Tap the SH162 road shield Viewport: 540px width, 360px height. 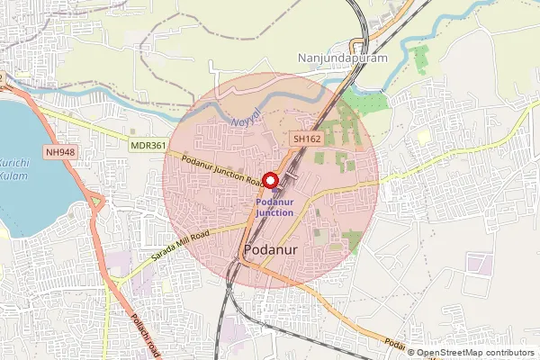pyautogui.click(x=307, y=139)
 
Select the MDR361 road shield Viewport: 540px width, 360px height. pyautogui.click(x=147, y=144)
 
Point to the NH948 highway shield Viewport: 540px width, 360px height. pyautogui.click(x=58, y=152)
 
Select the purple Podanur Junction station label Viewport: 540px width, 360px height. pyautogui.click(x=274, y=207)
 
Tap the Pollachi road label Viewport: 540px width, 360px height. pyautogui.click(x=145, y=335)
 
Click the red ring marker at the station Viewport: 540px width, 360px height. pyautogui.click(x=269, y=180)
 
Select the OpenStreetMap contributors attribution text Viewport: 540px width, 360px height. pyautogui.click(x=475, y=353)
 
